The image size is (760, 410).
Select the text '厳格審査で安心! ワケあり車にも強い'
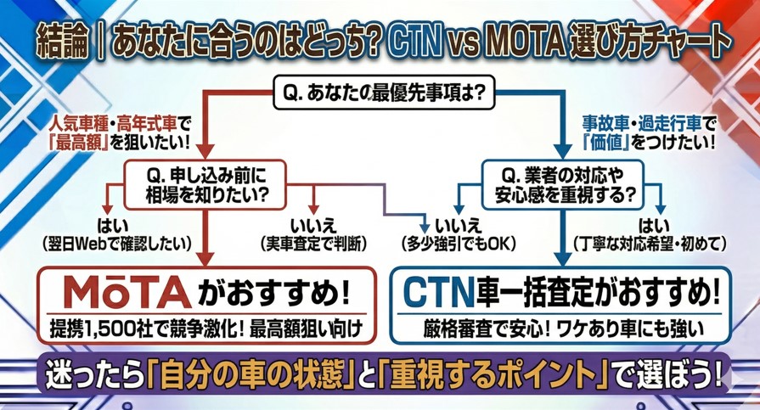click(560, 326)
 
